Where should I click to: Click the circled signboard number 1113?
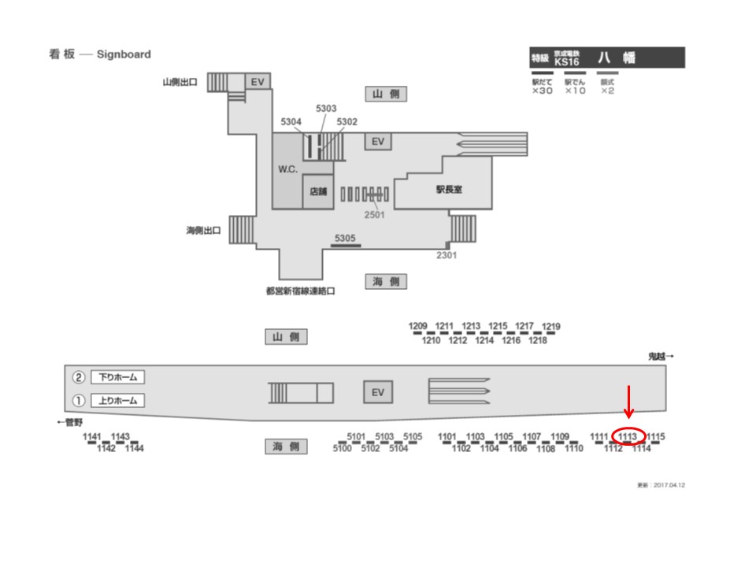click(628, 436)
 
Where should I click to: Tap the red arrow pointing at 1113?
click(628, 402)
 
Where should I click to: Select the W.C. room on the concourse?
click(287, 169)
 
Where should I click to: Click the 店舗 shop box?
click(318, 191)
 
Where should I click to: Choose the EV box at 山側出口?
click(257, 82)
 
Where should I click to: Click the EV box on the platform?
click(377, 392)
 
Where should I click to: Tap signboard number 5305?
click(345, 238)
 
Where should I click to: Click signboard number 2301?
click(447, 254)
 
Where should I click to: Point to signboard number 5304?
click(291, 122)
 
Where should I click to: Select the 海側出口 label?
click(203, 231)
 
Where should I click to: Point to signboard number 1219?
click(551, 327)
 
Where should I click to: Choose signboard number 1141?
click(93, 437)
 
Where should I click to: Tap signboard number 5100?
click(342, 449)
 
